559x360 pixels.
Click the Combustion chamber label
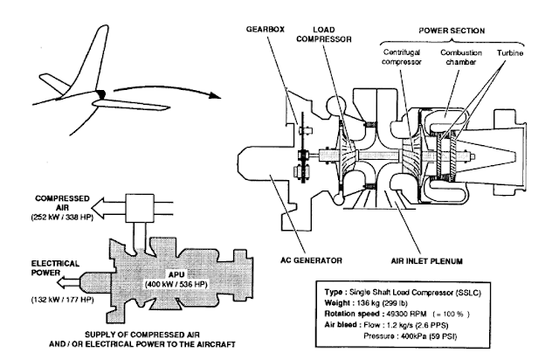[x=460, y=57]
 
